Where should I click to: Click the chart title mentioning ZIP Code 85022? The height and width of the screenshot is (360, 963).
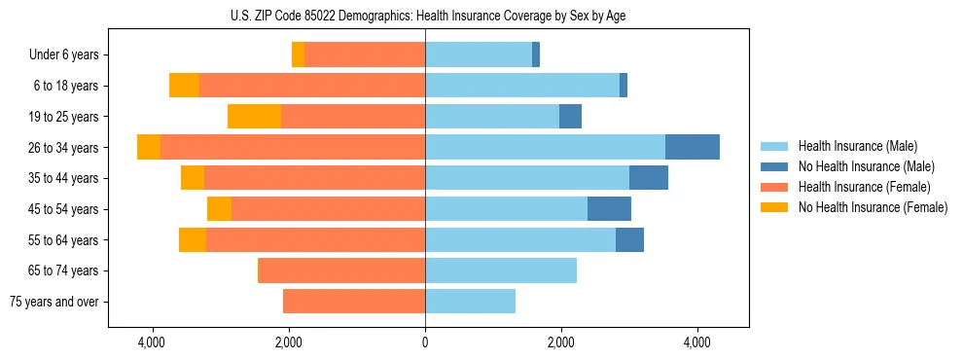point(425,15)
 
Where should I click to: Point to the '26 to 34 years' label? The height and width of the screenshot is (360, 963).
point(63,148)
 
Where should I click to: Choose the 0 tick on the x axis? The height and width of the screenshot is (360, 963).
point(425,342)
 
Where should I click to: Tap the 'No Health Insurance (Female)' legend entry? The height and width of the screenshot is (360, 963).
point(872,207)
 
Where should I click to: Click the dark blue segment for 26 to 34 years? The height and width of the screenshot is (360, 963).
point(692,147)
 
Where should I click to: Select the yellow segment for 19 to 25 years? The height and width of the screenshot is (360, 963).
point(254,117)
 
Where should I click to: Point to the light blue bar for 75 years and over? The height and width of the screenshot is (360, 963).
point(470,302)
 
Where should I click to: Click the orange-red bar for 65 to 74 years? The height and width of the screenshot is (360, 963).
point(341,270)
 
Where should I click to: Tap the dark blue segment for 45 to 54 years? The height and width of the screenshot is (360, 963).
point(609,209)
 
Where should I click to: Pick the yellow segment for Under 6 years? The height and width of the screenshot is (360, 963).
point(298,55)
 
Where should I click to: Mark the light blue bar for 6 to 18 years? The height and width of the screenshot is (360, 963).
point(522,86)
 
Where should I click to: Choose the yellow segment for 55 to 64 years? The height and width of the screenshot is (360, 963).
point(193,240)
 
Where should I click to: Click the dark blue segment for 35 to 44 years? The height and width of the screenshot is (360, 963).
point(648,178)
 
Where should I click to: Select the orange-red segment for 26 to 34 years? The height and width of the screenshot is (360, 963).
point(293,147)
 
